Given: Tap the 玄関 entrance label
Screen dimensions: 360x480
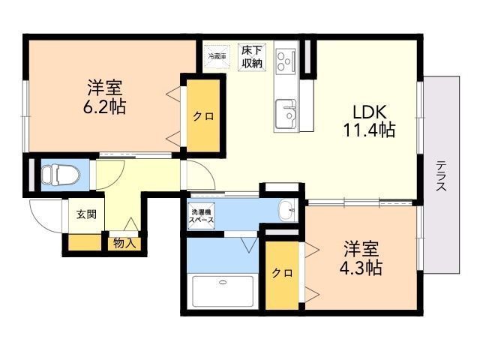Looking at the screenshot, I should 85,214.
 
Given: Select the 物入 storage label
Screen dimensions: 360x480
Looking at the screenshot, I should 124,242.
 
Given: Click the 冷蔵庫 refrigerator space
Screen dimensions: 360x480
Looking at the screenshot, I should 217,55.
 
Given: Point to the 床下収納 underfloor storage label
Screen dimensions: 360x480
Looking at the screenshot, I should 252,57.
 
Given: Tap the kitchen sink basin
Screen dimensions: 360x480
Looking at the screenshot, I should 286,114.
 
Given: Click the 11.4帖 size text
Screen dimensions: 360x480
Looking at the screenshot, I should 369,130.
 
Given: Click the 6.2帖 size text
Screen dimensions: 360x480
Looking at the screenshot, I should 104,107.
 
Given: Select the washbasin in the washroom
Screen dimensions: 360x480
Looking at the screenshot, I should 286,211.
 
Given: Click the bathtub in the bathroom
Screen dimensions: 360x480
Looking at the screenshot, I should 223,291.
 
